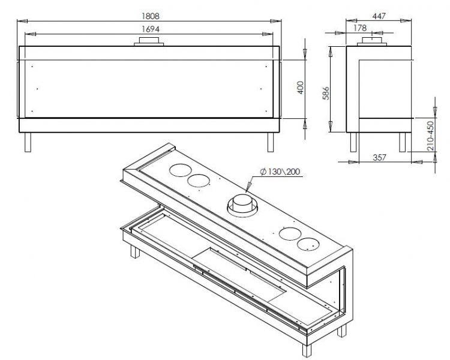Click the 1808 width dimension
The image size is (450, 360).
tap(151, 16)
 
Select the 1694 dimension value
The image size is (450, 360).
tap(151, 29)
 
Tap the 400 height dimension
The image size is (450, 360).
tap(301, 88)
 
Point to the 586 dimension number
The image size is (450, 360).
tap(326, 93)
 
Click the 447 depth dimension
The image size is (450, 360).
tap(379, 16)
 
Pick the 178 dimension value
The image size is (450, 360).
tap(360, 28)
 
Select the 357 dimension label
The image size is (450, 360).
tap(379, 157)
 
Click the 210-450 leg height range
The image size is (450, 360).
tap(430, 136)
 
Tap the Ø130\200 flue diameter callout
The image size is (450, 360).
tap(280, 172)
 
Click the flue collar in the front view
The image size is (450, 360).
tap(149, 41)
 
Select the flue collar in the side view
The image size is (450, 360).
tap(372, 41)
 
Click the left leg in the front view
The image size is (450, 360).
tap(28, 142)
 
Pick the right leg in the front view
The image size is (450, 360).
tap(271, 142)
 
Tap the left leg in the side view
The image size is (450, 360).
tap(354, 142)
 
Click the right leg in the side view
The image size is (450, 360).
tap(403, 142)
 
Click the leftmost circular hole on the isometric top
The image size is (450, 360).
tap(180, 170)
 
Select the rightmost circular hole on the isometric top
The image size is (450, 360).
tap(308, 244)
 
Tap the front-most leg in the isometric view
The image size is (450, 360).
tap(307, 350)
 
